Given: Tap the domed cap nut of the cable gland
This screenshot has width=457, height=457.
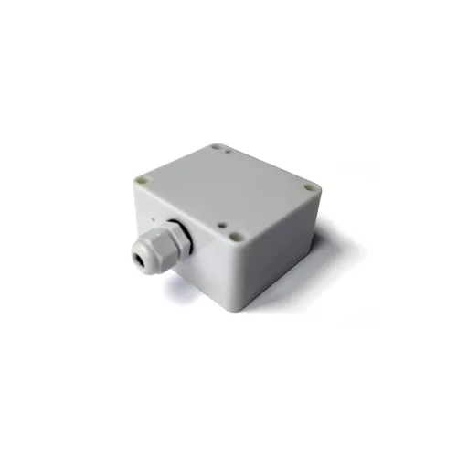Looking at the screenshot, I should [150, 255].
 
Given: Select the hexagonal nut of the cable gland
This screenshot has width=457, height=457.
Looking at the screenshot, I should [170, 241].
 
